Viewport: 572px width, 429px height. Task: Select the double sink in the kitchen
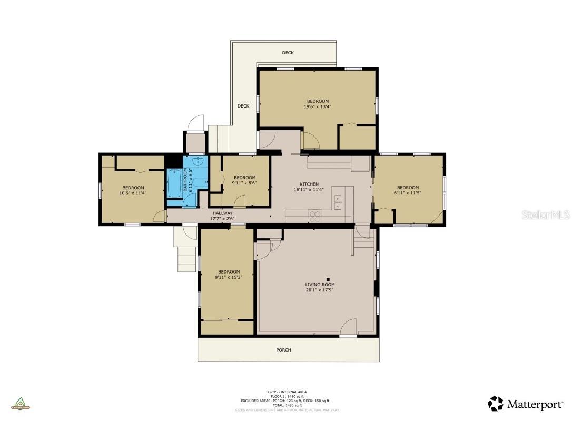tap(337, 200)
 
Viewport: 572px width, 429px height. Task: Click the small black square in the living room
tap(328, 279)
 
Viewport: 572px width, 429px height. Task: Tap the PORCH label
tap(283, 350)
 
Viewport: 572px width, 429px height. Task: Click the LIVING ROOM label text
tap(320, 285)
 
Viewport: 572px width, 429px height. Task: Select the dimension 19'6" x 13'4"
tap(317, 106)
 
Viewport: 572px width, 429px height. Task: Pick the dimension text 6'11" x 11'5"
tap(408, 193)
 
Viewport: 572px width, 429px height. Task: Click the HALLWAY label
tap(222, 213)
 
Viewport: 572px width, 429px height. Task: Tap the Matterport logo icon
tap(495, 404)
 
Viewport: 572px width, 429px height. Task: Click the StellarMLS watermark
tap(546, 215)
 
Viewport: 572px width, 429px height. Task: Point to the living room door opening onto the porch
tap(348, 328)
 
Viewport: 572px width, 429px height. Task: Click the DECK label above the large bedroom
tap(288, 53)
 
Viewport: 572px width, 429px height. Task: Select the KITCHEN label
tap(309, 184)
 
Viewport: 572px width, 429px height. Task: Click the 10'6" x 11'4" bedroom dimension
tap(133, 193)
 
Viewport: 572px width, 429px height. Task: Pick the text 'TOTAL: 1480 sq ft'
tap(287, 405)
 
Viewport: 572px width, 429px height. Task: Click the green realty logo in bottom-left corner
tap(21, 403)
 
